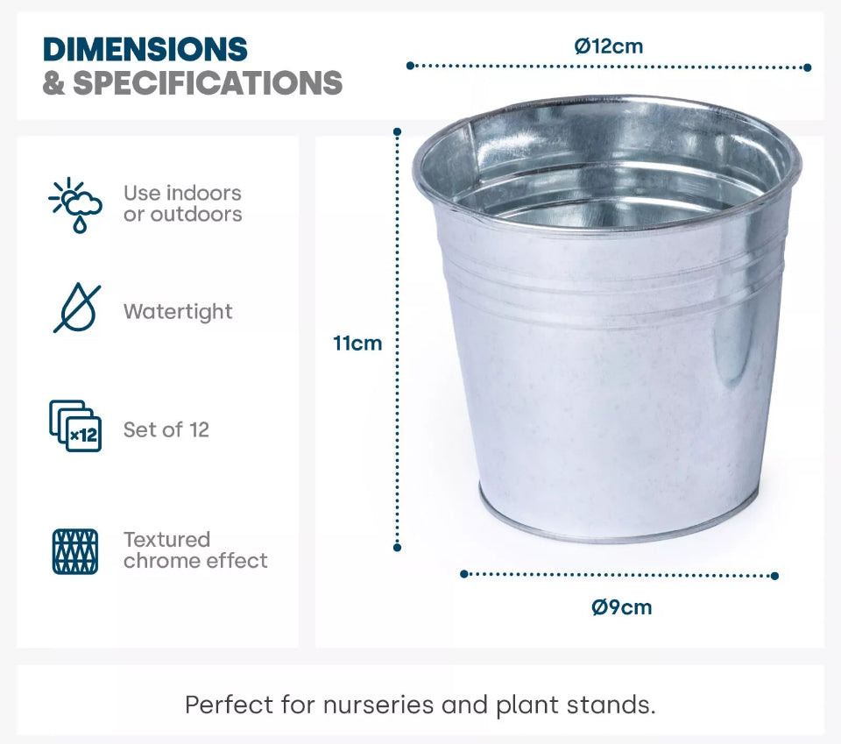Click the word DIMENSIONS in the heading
point(145,49)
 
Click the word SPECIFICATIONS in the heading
point(208,83)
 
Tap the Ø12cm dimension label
point(608,46)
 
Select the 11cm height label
point(357,344)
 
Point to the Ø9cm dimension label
point(622,607)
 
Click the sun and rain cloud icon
point(75,205)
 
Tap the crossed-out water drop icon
point(77,308)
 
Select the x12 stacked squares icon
point(75,426)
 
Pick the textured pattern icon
point(75,551)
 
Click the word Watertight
point(178,312)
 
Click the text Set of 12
point(166,429)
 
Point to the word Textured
point(166,539)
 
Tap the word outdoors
point(196,215)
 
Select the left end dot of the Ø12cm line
point(410,66)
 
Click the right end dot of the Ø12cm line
point(808,67)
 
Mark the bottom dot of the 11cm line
point(397,548)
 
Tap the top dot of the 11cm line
point(397,131)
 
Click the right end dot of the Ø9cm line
point(774,576)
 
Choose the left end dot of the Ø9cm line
point(464,574)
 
